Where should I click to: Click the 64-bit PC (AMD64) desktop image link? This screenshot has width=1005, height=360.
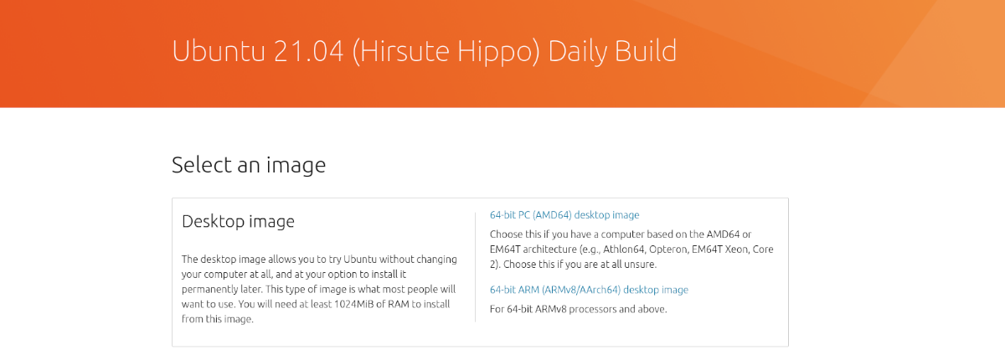coord(564,215)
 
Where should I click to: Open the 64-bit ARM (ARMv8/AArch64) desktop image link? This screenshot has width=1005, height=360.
coord(589,290)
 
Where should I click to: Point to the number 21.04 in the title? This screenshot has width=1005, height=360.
coord(308,51)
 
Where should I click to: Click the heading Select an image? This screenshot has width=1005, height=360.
coord(249,166)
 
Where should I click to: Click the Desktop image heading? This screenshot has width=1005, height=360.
coord(238,222)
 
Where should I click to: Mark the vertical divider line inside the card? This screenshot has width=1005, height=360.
coord(475,267)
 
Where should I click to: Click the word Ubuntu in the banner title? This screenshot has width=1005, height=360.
coord(219,51)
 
